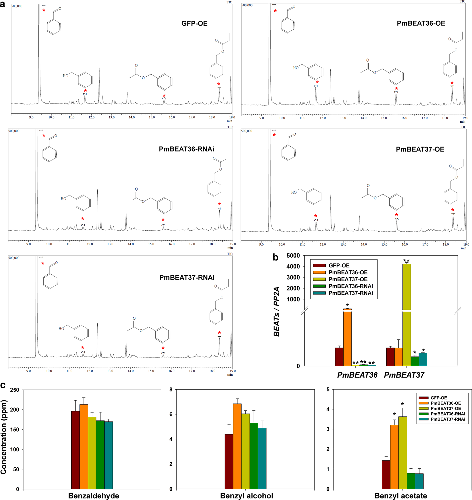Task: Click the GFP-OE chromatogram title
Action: click(x=194, y=23)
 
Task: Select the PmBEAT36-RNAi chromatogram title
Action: click(x=186, y=149)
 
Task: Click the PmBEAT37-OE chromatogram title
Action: click(x=420, y=149)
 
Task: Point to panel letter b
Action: click(x=275, y=257)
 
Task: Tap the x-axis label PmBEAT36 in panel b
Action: click(x=357, y=375)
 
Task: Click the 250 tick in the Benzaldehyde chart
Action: click(x=15, y=390)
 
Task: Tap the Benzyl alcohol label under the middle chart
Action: click(x=246, y=496)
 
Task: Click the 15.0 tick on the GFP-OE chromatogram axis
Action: click(x=152, y=117)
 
